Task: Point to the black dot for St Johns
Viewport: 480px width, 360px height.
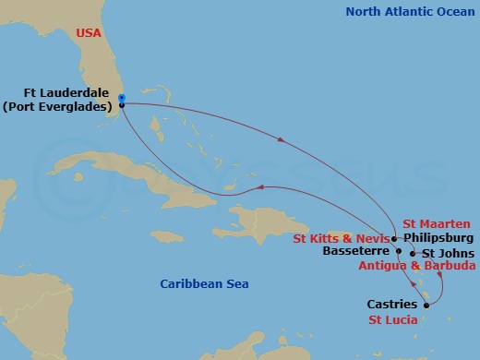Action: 412,253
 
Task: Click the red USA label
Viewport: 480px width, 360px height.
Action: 89,33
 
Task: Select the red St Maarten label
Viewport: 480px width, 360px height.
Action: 436,223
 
